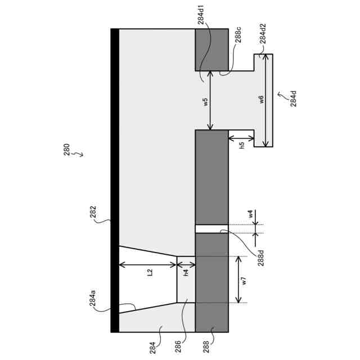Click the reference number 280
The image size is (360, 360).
click(x=67, y=150)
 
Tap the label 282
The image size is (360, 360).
click(x=93, y=213)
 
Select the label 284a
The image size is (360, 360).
click(x=92, y=298)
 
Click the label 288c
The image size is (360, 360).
click(x=238, y=35)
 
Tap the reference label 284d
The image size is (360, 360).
click(x=294, y=99)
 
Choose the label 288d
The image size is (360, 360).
click(x=261, y=258)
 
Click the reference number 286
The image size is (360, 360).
click(x=178, y=346)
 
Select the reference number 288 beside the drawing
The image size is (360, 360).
click(x=206, y=346)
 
